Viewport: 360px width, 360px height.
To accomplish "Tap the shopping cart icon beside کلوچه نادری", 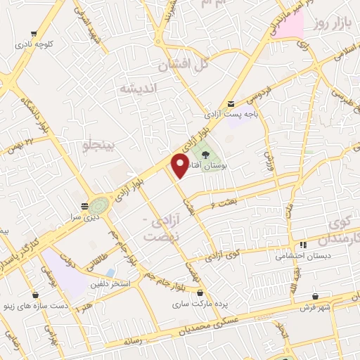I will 34,33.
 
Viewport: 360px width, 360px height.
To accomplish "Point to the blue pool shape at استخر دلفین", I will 110,272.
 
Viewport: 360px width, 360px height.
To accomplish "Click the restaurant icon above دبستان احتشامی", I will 302,245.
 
